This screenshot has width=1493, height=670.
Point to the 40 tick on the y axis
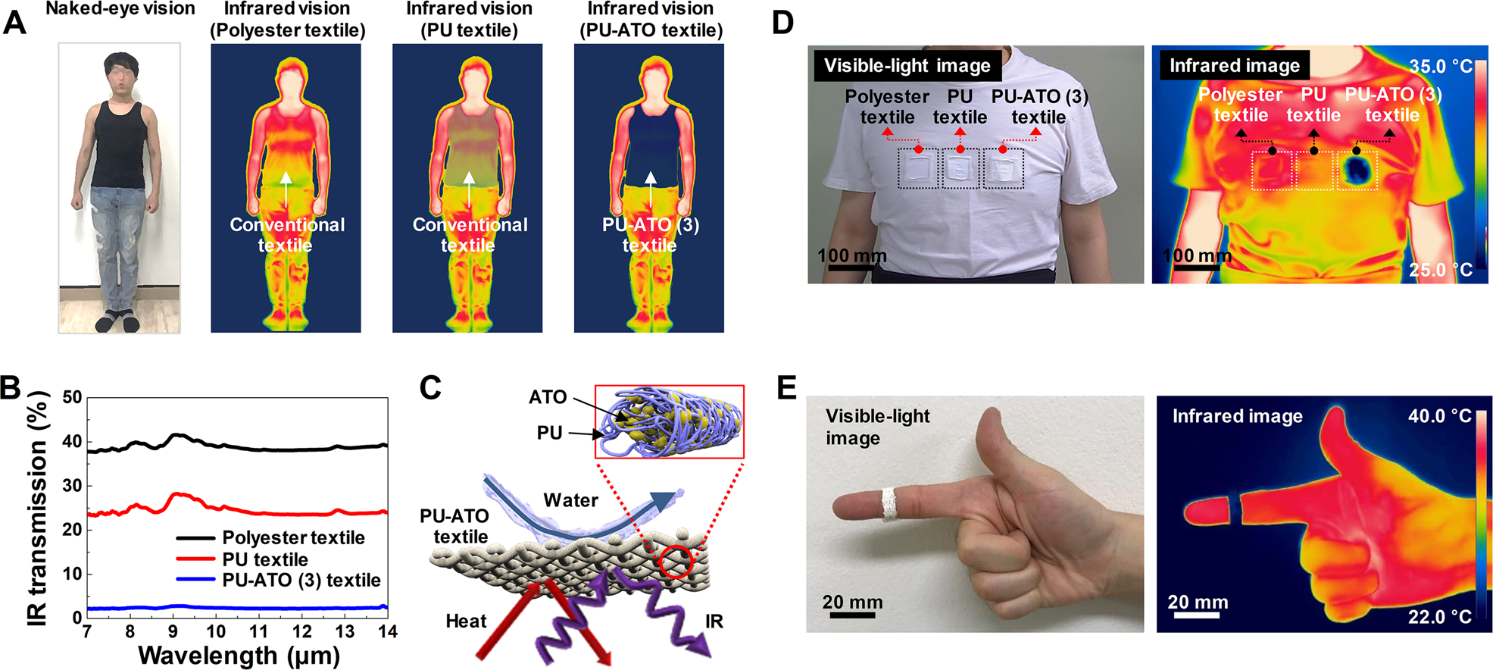click(72, 442)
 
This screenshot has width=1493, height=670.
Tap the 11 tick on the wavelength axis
click(259, 631)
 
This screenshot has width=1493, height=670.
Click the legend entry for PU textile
click(264, 559)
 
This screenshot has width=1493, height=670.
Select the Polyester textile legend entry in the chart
click(293, 537)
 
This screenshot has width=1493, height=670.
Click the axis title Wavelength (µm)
click(239, 656)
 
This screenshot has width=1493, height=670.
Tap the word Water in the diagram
click(570, 500)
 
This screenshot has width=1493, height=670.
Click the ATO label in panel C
click(548, 397)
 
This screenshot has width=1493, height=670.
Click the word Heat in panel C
click(466, 621)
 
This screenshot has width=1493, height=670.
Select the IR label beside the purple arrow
click(714, 621)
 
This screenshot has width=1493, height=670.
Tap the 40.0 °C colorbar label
click(1439, 416)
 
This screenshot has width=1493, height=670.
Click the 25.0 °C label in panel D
click(1440, 270)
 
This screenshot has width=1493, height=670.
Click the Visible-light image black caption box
click(907, 66)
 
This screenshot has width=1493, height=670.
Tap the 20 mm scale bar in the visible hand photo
click(852, 615)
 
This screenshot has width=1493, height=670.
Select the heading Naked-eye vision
click(120, 9)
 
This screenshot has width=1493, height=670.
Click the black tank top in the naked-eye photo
click(118, 148)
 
